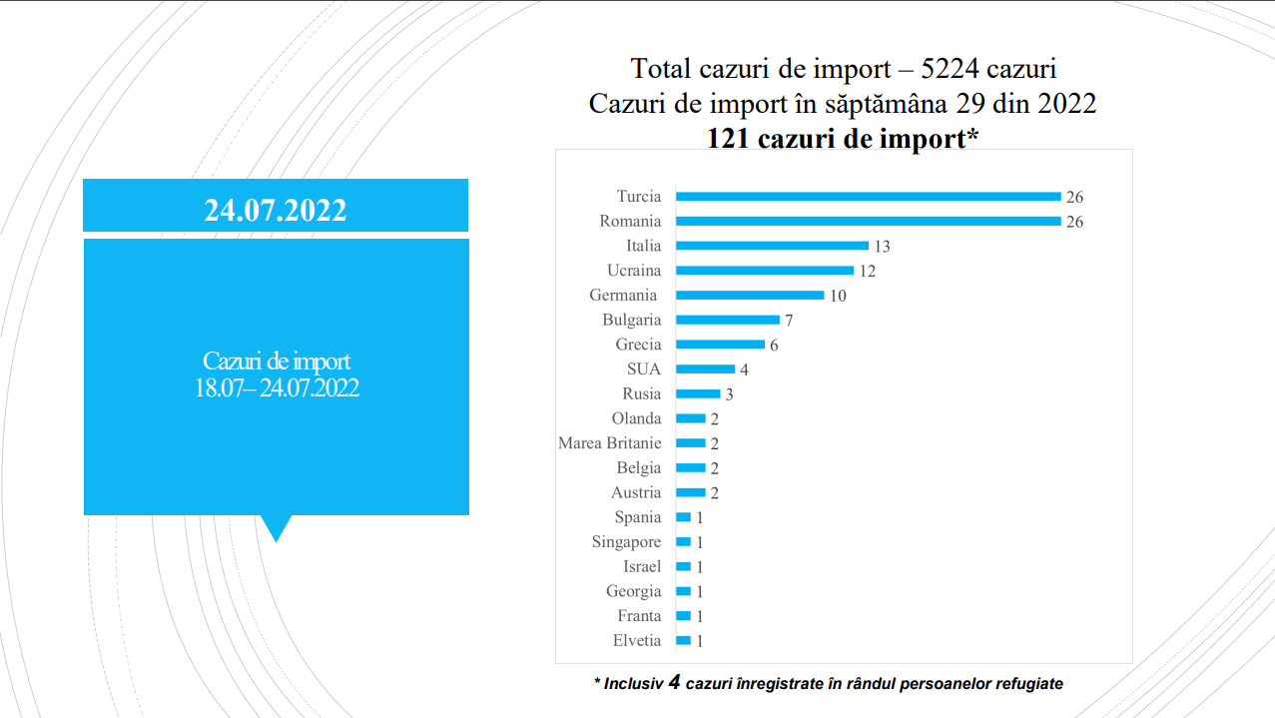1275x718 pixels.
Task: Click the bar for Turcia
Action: pos(868,197)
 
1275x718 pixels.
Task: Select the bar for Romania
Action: pos(868,222)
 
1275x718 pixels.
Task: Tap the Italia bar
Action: pos(772,246)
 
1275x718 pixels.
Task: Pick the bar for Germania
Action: pos(750,296)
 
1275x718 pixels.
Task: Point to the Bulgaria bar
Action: pos(728,320)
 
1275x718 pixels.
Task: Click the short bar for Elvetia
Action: pos(683,641)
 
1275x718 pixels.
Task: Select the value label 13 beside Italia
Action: pos(882,247)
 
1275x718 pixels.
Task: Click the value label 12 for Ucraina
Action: pos(867,271)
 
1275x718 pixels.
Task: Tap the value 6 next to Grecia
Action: pos(774,346)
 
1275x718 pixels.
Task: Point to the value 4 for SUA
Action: pos(744,369)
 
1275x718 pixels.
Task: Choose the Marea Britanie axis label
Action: pos(609,443)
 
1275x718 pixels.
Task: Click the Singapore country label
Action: pos(626,542)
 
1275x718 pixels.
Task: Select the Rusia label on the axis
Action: pos(641,394)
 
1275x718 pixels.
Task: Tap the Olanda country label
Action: pos(636,418)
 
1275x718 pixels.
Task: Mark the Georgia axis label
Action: pos(633,591)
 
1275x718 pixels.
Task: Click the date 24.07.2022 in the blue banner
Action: pos(276,210)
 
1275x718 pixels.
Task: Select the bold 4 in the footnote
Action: pos(674,683)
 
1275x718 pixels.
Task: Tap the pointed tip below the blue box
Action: pos(276,537)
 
